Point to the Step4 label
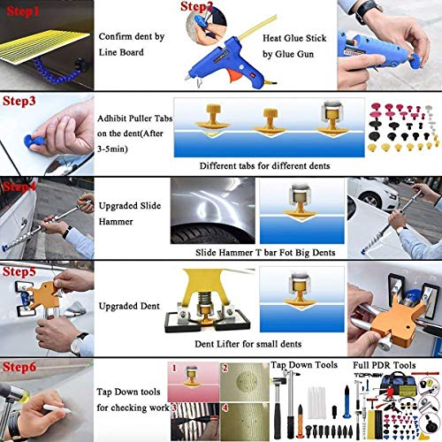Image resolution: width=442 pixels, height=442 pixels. point(22,187)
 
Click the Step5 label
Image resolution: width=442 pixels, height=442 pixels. point(22,275)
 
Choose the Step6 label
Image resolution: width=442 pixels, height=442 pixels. point(22,365)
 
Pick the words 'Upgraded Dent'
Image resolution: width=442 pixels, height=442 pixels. point(127,306)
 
